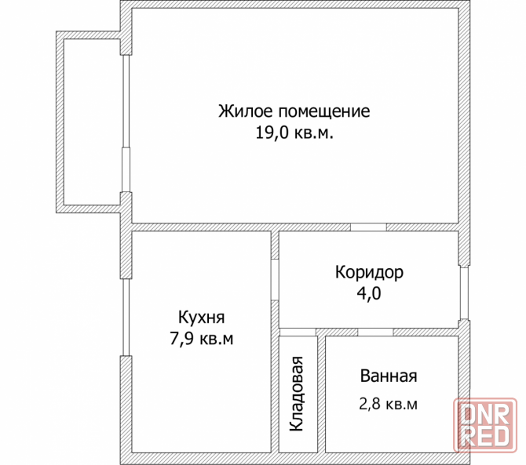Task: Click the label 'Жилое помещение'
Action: click(x=294, y=111)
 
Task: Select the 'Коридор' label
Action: click(x=369, y=272)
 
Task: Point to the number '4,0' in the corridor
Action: click(x=369, y=294)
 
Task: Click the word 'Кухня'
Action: click(x=202, y=318)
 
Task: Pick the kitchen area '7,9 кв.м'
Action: click(x=202, y=340)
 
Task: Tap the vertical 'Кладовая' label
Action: click(x=298, y=394)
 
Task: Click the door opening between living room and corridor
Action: click(x=367, y=227)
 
